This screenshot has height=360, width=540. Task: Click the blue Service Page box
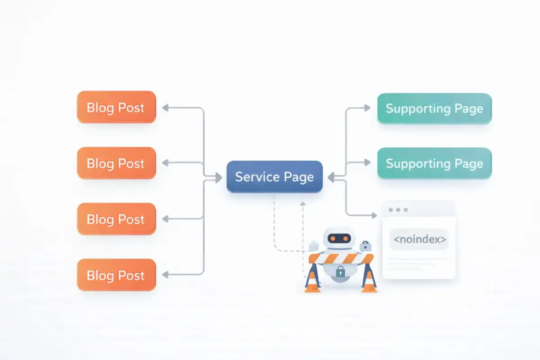[x=274, y=177]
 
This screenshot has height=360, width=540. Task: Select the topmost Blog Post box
[x=116, y=107]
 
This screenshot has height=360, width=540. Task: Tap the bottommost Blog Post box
[x=116, y=275]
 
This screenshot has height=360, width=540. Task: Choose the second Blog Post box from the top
[x=116, y=163]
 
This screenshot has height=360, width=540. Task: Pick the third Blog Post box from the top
[x=116, y=219]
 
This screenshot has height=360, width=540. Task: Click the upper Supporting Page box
[x=434, y=108]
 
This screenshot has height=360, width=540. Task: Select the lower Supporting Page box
[x=434, y=163]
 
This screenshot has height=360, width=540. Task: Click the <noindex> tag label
[x=419, y=239]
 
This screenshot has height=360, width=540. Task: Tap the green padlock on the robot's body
[x=341, y=272]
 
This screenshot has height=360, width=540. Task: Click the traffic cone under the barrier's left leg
[x=312, y=283]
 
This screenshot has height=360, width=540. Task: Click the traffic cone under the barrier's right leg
[x=369, y=283]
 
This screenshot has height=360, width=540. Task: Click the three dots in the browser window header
[x=398, y=210]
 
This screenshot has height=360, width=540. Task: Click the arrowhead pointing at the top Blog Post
[x=165, y=108]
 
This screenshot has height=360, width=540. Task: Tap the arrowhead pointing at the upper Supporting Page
[x=367, y=108]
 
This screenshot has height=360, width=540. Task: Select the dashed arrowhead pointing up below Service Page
[x=303, y=204]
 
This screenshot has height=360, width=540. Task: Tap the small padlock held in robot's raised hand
[x=365, y=246]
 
